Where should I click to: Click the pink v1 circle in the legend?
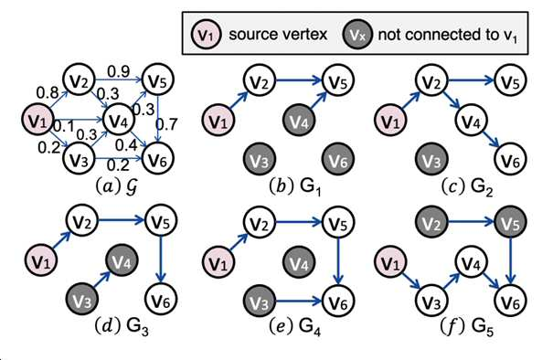click(x=206, y=34)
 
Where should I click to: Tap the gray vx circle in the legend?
click(x=357, y=34)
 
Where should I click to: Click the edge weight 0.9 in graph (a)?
click(x=119, y=71)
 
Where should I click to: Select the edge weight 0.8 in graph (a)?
click(x=48, y=92)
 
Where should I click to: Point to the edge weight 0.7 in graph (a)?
click(x=166, y=124)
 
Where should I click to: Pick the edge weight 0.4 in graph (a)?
click(x=126, y=145)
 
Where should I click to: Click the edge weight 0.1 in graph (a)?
click(x=64, y=126)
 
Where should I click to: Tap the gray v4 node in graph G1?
click(x=299, y=121)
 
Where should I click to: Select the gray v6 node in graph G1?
click(x=338, y=159)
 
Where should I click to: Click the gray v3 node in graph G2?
click(x=431, y=159)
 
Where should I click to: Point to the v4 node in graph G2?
click(x=471, y=121)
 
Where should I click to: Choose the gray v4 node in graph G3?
click(x=122, y=260)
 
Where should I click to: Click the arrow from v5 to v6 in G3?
click(x=161, y=259)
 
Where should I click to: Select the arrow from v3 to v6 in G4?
click(x=299, y=302)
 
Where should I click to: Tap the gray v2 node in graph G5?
click(x=431, y=223)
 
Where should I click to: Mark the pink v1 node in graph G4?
click(x=218, y=262)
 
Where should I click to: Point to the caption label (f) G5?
click(x=467, y=327)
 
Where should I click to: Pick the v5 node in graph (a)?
click(x=157, y=80)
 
